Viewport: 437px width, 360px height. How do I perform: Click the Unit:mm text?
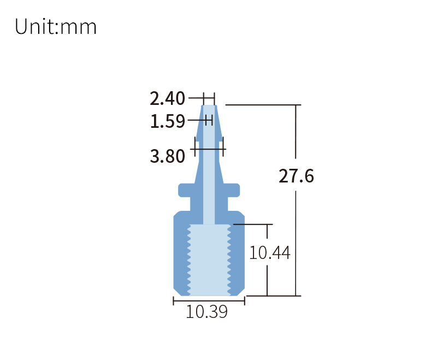click(x=56, y=26)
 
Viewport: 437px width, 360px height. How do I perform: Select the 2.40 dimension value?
click(x=168, y=99)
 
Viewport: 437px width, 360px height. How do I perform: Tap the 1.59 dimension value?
click(x=168, y=121)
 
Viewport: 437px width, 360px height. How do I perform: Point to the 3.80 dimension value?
click(x=168, y=157)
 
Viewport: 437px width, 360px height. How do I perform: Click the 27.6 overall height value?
click(x=296, y=176)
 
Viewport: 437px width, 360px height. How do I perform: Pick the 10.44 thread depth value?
click(x=269, y=253)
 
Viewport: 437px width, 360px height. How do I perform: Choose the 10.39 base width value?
click(x=206, y=312)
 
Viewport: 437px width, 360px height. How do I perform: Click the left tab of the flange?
click(x=184, y=190)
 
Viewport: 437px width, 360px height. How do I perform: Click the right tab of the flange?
click(x=233, y=190)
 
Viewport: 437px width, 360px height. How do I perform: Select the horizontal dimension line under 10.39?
click(x=209, y=301)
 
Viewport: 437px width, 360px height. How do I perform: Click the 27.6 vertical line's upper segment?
click(x=296, y=131)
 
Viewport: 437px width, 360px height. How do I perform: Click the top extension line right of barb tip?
click(x=262, y=104)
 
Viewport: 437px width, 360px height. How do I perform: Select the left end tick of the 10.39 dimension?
click(x=174, y=301)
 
